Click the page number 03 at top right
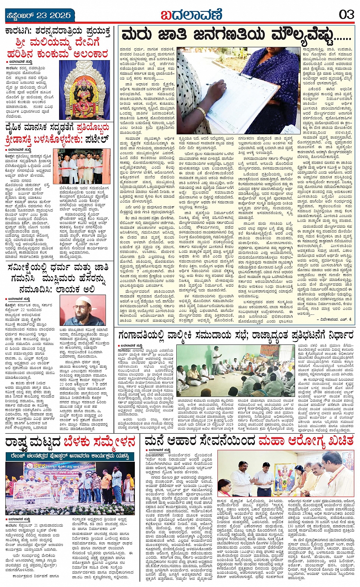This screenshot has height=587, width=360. (346, 15)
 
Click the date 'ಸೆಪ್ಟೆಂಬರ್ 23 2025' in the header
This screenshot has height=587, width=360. (38, 16)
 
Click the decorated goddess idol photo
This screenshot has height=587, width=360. (85, 90)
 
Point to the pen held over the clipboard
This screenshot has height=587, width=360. (213, 84)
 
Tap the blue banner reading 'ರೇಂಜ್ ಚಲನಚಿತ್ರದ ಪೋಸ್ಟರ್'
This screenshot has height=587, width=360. (70, 455)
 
